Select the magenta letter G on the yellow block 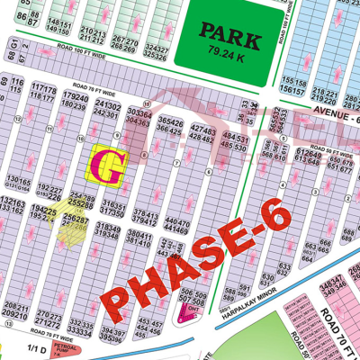108,166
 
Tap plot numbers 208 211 14,310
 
